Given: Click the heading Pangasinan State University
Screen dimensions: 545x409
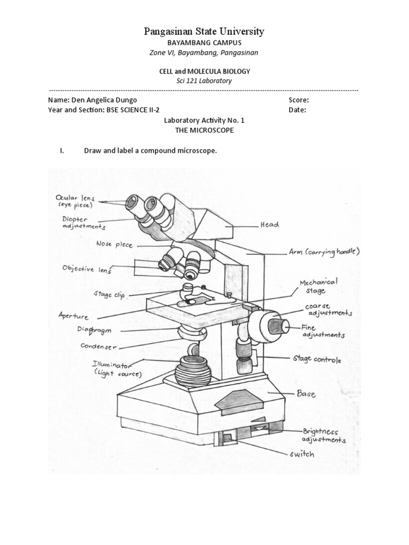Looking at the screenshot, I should click(204, 32).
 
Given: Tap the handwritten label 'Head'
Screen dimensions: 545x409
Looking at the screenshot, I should click(269, 225).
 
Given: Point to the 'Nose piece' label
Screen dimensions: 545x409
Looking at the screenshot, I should click(114, 244).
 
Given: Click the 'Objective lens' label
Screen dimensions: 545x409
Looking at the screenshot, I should click(87, 269).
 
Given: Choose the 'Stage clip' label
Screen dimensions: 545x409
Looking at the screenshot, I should click(109, 294).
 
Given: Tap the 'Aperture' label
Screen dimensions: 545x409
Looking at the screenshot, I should click(73, 316).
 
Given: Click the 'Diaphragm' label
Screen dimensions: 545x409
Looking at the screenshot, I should click(94, 331).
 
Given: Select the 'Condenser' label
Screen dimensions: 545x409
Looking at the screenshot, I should click(99, 346).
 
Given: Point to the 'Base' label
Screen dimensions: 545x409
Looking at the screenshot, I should click(306, 394).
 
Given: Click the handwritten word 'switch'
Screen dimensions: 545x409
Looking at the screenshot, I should click(301, 454).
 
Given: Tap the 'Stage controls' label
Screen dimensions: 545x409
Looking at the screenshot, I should click(315, 359).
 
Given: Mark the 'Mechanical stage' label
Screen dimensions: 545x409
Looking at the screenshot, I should click(318, 286).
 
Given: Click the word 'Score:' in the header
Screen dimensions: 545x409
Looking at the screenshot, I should click(299, 100).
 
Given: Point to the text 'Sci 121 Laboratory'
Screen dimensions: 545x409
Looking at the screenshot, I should click(204, 81).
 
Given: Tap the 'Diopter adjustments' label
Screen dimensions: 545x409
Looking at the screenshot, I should click(81, 222).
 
